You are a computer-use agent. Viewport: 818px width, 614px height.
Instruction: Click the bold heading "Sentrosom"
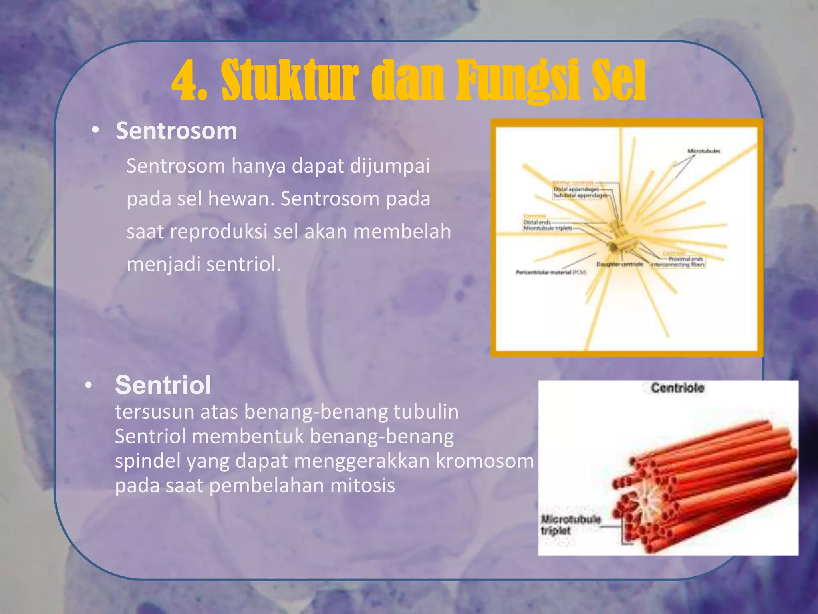pyautogui.click(x=177, y=131)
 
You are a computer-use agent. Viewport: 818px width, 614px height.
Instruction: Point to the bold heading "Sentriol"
pyautogui.click(x=163, y=385)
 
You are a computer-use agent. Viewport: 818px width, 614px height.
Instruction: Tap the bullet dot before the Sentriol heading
pyautogui.click(x=88, y=385)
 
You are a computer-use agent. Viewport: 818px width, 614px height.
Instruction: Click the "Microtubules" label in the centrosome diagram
pyautogui.click(x=703, y=151)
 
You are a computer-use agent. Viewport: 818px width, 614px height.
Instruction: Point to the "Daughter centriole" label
pyautogui.click(x=619, y=265)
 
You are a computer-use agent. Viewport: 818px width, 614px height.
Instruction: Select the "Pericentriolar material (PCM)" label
pyautogui.click(x=551, y=273)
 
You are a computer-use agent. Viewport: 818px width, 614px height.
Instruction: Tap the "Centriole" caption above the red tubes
pyautogui.click(x=677, y=388)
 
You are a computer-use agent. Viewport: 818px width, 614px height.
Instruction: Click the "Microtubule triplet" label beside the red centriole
pyautogui.click(x=570, y=525)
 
